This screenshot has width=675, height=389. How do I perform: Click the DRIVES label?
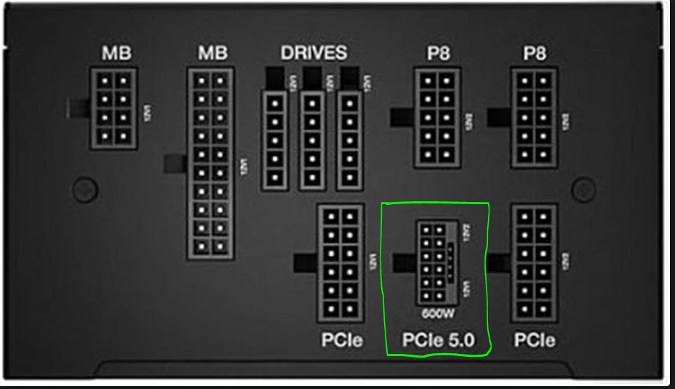click(313, 52)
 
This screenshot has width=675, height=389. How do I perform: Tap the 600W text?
click(436, 314)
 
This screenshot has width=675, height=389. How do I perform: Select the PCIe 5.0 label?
click(438, 341)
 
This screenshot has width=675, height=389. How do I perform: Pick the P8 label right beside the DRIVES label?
click(438, 54)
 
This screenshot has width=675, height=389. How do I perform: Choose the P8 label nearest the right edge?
click(535, 54)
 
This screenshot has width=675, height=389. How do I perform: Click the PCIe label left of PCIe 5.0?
click(341, 341)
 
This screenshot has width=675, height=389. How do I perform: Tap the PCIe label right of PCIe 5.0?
click(534, 341)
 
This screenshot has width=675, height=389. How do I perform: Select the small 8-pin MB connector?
click(114, 108)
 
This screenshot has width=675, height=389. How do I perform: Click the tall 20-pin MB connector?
click(211, 164)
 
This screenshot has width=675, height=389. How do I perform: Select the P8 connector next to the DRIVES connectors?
click(437, 117)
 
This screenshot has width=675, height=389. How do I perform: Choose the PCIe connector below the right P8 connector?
click(534, 263)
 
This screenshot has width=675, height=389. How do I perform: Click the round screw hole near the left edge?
click(85, 188)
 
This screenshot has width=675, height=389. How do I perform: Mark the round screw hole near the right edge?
click(585, 188)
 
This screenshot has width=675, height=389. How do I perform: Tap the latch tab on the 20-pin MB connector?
click(176, 164)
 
